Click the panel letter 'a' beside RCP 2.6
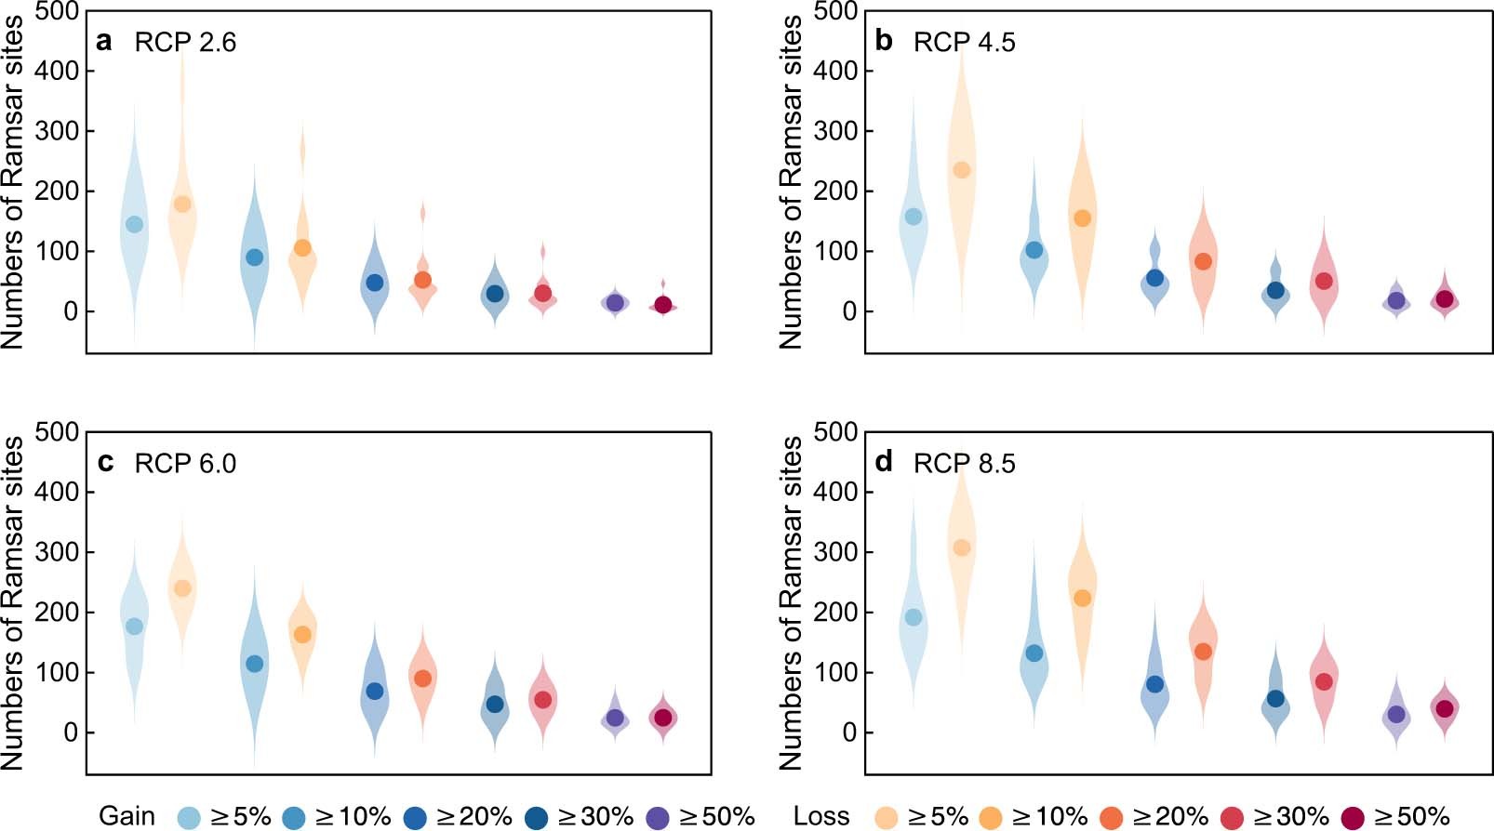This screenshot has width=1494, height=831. tap(104, 42)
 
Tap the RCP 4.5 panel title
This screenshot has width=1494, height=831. tap(964, 42)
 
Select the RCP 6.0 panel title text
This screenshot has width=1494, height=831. tap(185, 463)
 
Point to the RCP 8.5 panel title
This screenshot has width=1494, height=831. tap(964, 463)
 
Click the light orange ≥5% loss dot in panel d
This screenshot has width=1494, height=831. tap(962, 547)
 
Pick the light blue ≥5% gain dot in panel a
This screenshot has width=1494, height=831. tap(134, 224)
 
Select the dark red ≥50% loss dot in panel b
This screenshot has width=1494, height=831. tap(1445, 299)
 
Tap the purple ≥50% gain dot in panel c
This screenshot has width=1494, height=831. tap(615, 718)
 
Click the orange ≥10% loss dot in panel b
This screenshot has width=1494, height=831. tap(1082, 218)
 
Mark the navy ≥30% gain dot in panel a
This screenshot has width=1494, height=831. tap(495, 294)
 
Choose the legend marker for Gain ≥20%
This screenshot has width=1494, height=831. tap(415, 817)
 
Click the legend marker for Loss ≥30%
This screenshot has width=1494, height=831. tap(1232, 817)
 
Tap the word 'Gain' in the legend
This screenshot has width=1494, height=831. tap(127, 816)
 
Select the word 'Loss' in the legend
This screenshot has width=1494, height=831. tap(821, 816)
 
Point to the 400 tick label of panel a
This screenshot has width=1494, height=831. tap(57, 71)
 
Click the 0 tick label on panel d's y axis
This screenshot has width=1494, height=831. tap(848, 732)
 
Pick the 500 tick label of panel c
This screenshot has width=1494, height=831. tap(57, 431)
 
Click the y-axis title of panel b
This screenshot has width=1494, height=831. tap(790, 181)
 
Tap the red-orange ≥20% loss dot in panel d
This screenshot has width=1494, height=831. tap(1203, 652)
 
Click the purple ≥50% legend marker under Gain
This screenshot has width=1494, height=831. tap(657, 817)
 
